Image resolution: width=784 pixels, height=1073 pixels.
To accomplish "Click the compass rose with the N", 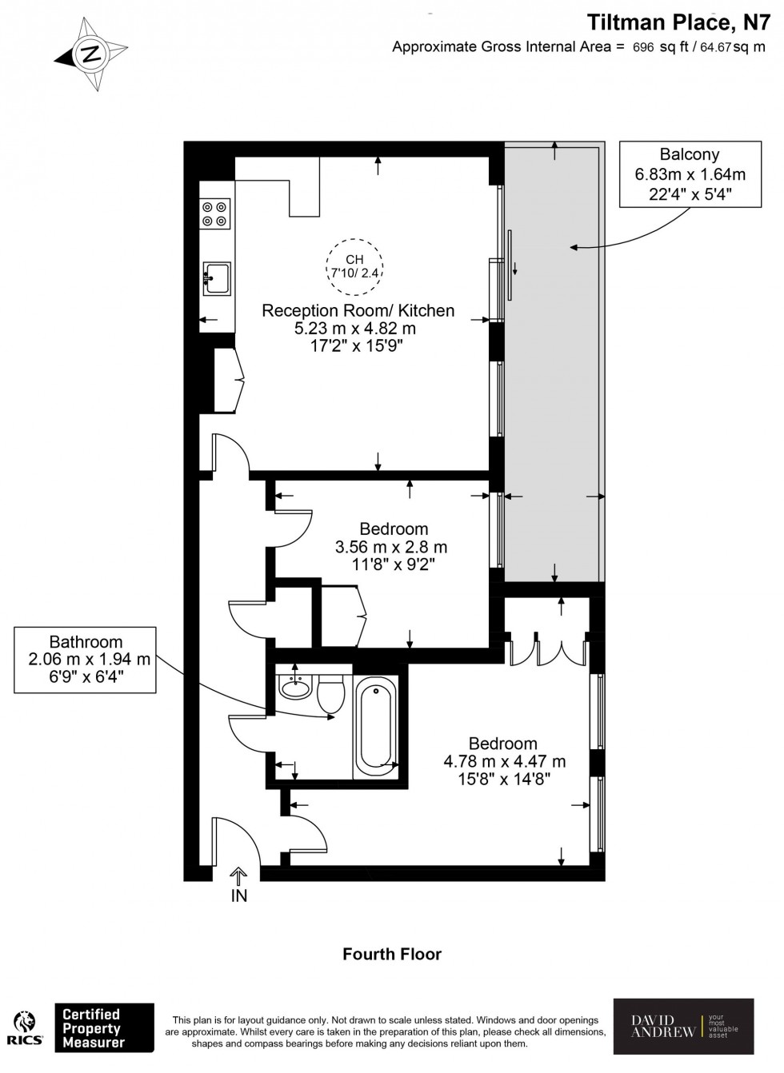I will pyautogui.click(x=91, y=54).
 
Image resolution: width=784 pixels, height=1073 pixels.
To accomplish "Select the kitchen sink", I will pyautogui.click(x=216, y=278).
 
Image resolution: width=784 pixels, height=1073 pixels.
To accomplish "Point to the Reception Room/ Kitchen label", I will pyautogui.click(x=358, y=311).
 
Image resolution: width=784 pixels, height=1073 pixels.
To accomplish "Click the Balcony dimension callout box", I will pyautogui.click(x=690, y=174).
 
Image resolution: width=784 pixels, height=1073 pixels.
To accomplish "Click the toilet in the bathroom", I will pyautogui.click(x=330, y=692).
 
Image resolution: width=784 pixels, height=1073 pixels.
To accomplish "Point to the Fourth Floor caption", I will pyautogui.click(x=391, y=954).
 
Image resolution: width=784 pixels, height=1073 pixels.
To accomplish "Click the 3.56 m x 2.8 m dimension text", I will pyautogui.click(x=390, y=548).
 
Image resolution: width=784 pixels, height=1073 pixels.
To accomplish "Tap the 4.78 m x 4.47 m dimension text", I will pyautogui.click(x=504, y=761).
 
